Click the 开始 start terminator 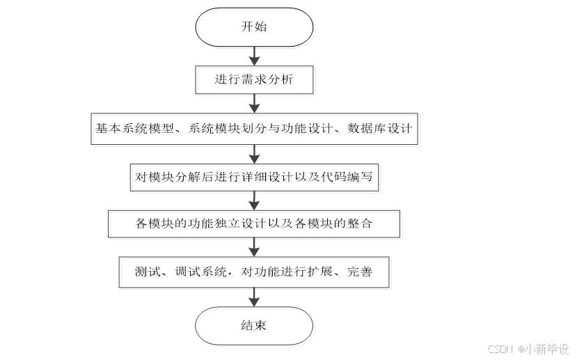coord(254,28)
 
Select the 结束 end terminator coord(254,326)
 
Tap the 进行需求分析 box coord(254,80)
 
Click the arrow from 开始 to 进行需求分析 coord(254,54)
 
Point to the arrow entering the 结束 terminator coord(254,297)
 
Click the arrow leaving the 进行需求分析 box coord(254,103)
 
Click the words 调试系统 coord(203,272)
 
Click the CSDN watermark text coord(500,349)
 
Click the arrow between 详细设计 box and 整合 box coord(254,201)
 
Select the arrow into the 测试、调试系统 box coord(254,247)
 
